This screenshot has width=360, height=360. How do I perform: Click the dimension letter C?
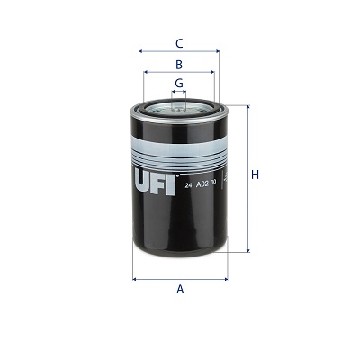coord(179,42)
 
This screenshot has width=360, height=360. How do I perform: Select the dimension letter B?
coord(179,65)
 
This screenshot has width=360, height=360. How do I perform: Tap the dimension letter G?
coord(179,83)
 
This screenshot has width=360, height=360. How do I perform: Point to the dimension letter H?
coord(255,175)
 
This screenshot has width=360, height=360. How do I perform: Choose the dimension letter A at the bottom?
coord(180,289)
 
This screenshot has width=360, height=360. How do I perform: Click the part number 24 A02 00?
coord(202,184)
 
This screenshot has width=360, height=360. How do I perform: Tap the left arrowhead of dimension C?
coord(141,51)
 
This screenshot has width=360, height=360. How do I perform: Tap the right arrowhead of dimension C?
coord(217,51)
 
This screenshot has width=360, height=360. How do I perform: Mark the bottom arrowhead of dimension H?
coord(247,251)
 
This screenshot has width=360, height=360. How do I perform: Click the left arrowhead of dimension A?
coord(135,279)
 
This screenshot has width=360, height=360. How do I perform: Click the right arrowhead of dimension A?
coord(225,279)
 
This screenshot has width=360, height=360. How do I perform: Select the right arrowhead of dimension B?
coord(213,74)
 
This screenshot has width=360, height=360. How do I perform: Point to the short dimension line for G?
coord(179,92)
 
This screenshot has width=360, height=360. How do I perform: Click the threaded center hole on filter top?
coord(179,104)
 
